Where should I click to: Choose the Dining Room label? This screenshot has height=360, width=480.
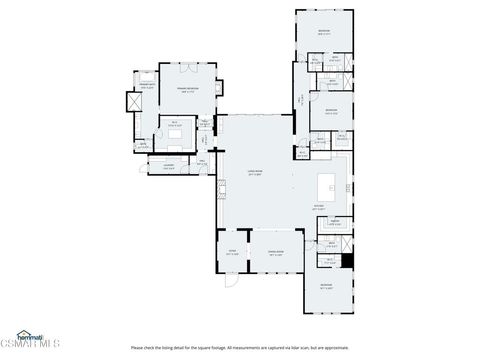275,253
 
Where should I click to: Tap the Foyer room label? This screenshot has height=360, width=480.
232,253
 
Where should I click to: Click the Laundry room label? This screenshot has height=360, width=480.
155,167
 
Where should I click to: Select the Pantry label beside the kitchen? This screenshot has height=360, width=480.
337,222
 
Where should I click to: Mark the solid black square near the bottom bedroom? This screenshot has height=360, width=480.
347,261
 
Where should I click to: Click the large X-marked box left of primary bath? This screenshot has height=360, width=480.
131,102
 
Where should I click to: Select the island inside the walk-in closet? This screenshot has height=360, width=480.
175,133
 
